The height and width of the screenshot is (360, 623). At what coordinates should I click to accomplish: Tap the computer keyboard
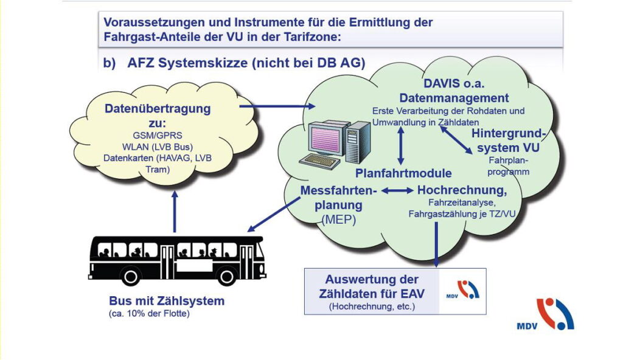pos(320,161)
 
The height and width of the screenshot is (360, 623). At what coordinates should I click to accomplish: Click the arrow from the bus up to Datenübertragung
pos(175,212)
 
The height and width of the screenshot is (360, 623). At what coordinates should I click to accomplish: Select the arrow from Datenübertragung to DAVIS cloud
pos(277,106)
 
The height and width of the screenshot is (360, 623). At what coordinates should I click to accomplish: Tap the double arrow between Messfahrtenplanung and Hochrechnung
pos(397,191)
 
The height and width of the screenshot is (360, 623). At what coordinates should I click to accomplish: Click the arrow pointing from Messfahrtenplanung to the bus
pos(274,215)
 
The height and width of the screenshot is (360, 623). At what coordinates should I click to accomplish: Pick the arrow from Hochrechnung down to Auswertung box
pos(436,244)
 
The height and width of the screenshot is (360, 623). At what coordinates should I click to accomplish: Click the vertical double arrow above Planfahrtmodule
pos(400,145)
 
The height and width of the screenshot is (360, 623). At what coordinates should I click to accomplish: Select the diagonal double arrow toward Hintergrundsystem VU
pos(456,139)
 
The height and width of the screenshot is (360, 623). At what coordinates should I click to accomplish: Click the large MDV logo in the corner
pos(546,315)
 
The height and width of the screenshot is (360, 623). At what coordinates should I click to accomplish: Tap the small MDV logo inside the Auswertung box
pos(463,290)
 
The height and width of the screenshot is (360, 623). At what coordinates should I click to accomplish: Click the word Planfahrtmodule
pos(403,173)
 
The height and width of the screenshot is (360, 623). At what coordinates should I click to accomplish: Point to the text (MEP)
pos(338,220)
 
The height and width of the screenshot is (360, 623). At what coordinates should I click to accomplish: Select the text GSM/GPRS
pos(158,136)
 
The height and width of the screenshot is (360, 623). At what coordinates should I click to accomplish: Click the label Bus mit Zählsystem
pos(167,301)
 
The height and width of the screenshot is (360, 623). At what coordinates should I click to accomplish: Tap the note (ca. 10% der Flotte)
pos(149,314)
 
